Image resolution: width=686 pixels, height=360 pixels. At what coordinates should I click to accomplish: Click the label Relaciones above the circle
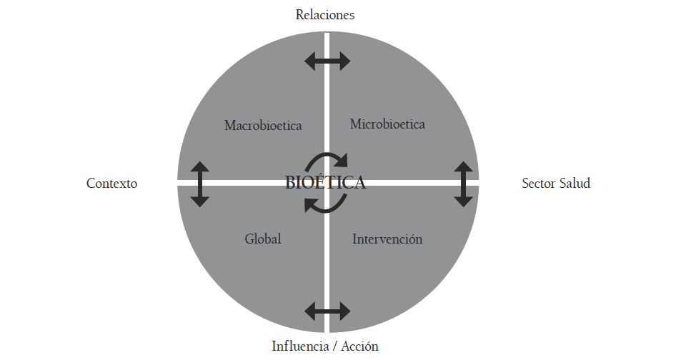coord(325,14)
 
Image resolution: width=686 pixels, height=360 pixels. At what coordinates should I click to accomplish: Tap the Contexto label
coord(111,184)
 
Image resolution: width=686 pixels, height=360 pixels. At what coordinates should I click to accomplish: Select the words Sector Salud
coord(556,184)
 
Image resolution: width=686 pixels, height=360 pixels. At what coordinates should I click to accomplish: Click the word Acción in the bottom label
coord(359,346)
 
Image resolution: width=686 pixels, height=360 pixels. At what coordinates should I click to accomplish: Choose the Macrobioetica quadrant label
coord(263,126)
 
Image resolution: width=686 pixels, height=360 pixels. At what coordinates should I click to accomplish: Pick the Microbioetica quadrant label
coord(387,124)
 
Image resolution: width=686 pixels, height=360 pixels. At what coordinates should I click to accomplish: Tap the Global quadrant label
coord(263,239)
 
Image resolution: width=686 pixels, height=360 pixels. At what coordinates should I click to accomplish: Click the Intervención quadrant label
coord(387,239)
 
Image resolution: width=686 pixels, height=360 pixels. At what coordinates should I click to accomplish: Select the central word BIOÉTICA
coord(325,183)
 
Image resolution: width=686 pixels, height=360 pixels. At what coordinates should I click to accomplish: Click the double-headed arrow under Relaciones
coord(327,61)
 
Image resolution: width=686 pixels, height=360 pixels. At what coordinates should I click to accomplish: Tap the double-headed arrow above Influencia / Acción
coord(327,311)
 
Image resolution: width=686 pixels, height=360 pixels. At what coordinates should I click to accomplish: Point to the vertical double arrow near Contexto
coord(200,184)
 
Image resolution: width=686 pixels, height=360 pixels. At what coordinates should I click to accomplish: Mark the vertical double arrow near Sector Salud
coord(464,184)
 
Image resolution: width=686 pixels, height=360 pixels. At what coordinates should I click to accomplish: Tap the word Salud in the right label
coord(575,184)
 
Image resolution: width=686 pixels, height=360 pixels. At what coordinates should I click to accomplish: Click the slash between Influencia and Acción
coord(334,346)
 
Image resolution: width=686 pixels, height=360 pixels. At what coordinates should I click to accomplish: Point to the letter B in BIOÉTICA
coord(290,183)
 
